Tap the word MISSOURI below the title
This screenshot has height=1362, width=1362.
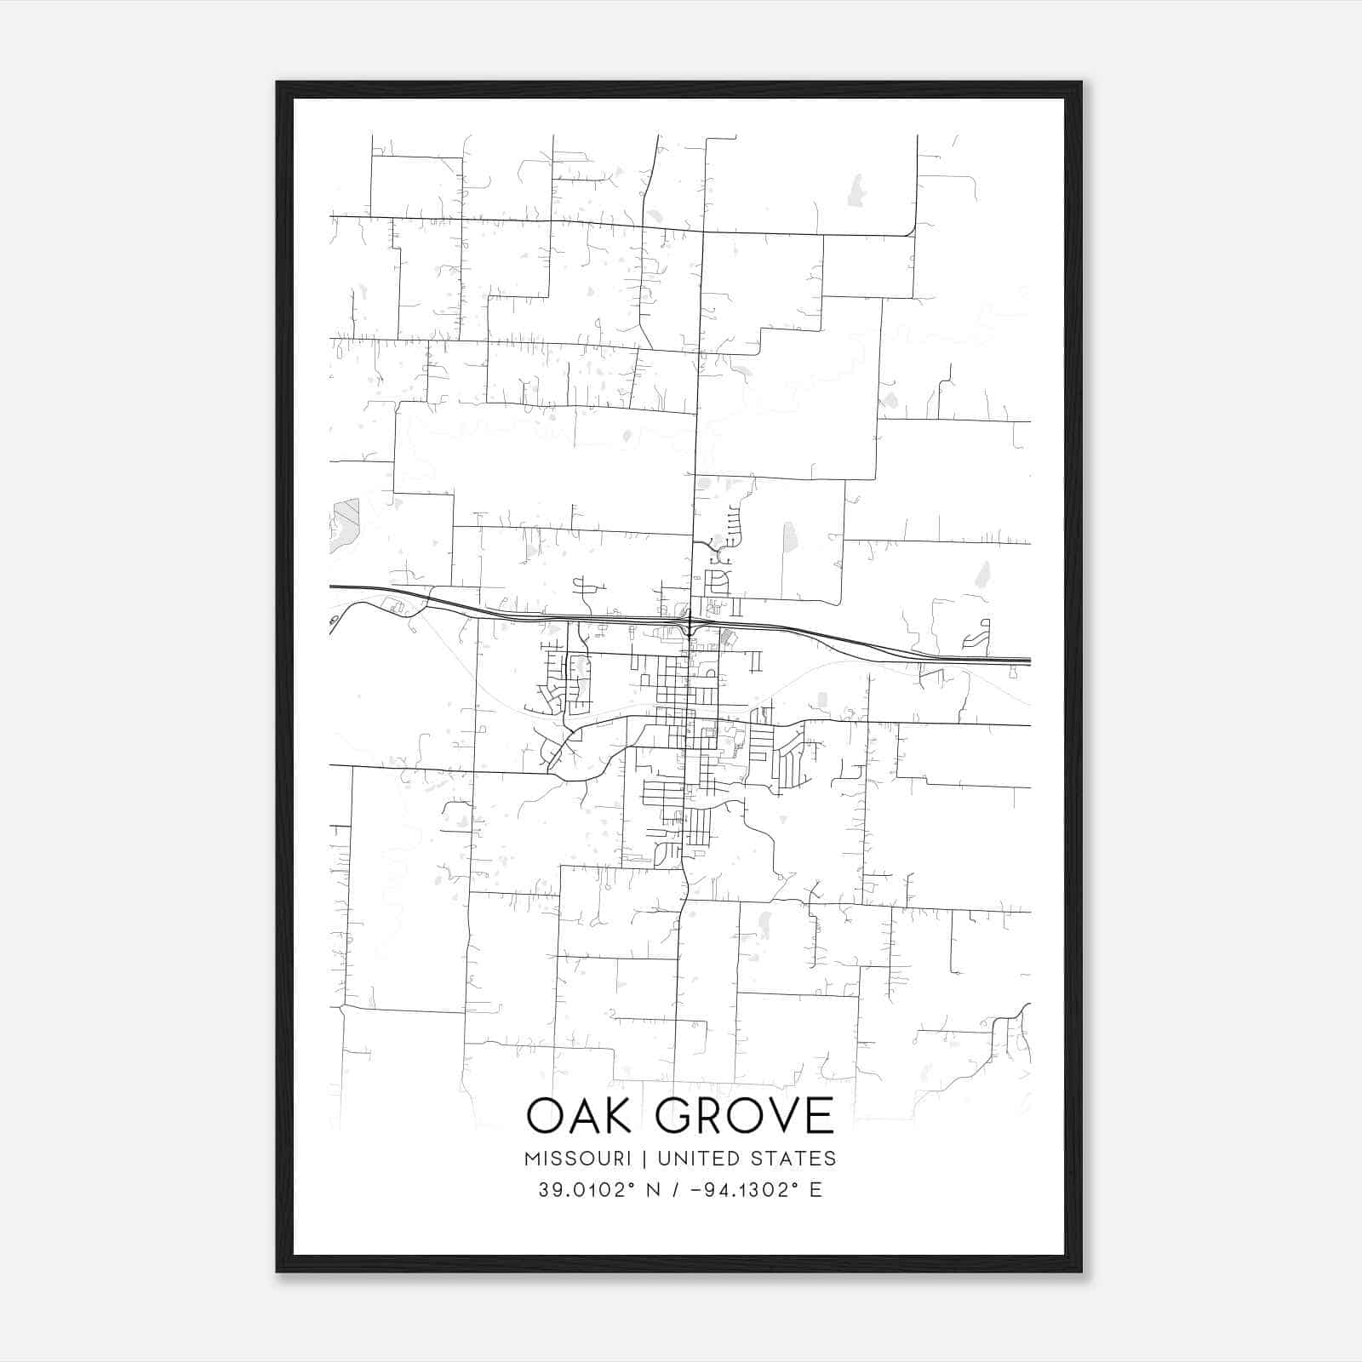[x=577, y=1159]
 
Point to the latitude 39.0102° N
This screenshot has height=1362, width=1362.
[x=593, y=1190]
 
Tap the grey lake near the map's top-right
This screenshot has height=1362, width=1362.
[x=855, y=191]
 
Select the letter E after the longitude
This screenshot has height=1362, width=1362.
[x=816, y=1190]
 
